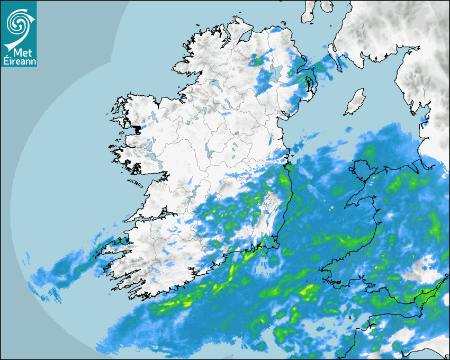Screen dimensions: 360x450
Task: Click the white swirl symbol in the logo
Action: click(19, 24)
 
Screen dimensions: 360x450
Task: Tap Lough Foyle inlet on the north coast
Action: click(245, 37)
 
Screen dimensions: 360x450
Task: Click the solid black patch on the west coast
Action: click(138, 129)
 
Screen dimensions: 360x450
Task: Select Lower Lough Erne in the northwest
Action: click(215, 84)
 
